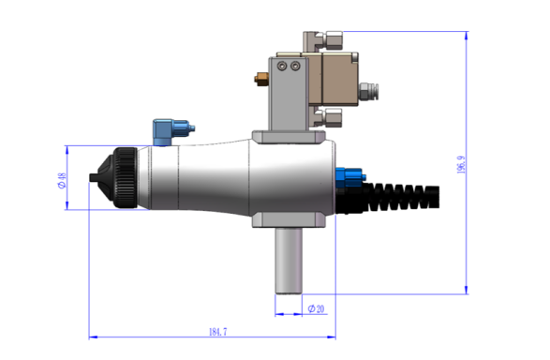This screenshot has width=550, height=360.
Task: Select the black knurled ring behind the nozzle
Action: coord(124,177)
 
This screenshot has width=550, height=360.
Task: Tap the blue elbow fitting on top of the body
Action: coord(169,129)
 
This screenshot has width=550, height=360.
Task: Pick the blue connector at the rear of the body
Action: coord(349,175)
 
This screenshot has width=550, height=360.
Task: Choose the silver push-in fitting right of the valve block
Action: coord(369,91)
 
